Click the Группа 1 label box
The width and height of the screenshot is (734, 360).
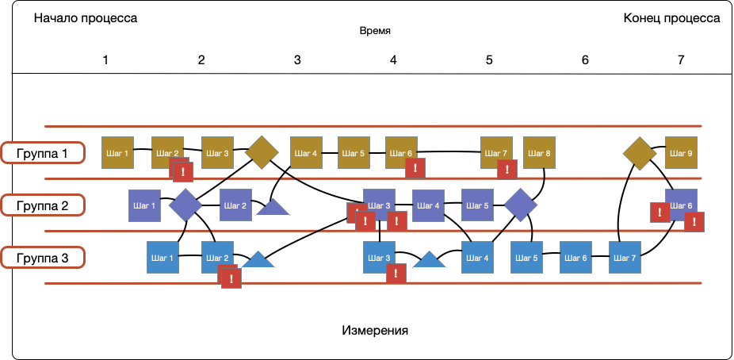tap(43, 153)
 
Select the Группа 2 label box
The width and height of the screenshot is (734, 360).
tap(43, 205)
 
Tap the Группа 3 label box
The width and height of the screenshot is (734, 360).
tap(43, 258)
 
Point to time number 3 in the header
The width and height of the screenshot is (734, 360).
tap(297, 60)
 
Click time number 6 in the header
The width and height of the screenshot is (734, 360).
tap(585, 60)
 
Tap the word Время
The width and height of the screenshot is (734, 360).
tap(375, 32)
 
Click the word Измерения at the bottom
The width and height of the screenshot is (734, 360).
tap(375, 329)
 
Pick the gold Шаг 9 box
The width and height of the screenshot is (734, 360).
tap(680, 152)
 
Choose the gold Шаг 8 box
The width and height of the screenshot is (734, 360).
tap(538, 152)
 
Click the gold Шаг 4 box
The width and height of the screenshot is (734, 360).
tap(306, 152)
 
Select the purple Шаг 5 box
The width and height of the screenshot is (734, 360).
tap(477, 205)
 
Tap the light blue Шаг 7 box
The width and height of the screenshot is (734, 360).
tap(625, 258)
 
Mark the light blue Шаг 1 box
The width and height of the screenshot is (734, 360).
tap(162, 258)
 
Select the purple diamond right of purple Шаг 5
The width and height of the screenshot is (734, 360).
tap(520, 205)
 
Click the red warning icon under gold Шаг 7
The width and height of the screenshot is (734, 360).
tap(507, 169)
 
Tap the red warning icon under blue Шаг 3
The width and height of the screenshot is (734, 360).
tap(396, 274)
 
